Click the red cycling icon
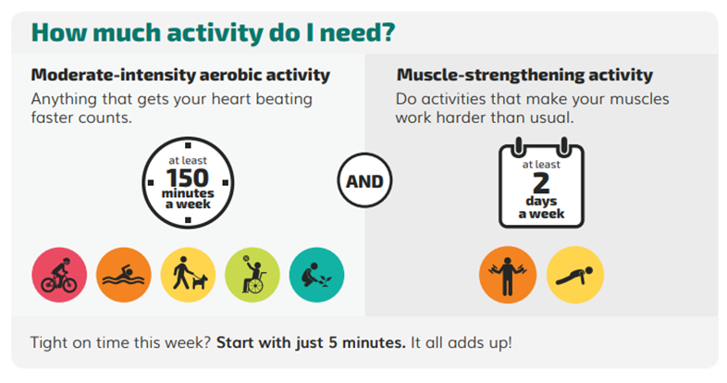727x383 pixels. point(59,275)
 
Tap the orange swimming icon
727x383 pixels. point(124,275)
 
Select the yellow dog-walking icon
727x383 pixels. point(188,275)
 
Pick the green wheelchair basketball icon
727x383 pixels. point(253,275)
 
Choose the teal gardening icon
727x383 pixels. point(316,275)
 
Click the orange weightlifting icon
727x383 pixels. point(508,275)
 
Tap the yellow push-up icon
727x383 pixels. point(575,275)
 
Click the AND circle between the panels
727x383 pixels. point(364,180)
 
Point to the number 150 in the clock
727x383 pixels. point(188,179)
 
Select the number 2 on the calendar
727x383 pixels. point(541,183)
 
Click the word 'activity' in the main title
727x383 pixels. point(215,33)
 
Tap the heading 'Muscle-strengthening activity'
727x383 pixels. point(524,75)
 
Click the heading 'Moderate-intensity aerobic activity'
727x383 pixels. point(180,75)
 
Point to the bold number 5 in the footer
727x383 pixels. point(333,342)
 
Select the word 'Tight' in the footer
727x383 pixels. point(47,343)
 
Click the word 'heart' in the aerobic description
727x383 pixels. point(226,99)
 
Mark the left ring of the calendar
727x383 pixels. point(518,147)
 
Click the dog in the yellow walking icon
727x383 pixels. point(200,281)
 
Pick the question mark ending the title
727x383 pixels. point(388,32)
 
